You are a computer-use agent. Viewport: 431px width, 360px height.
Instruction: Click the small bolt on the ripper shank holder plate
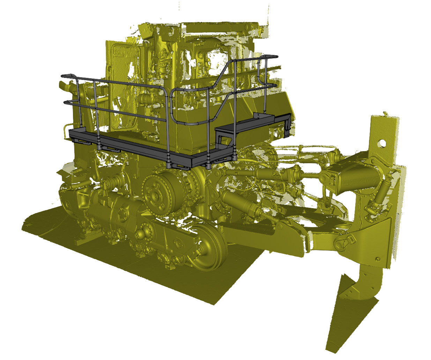377,259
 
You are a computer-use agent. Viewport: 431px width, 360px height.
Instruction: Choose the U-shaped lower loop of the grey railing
188,122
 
